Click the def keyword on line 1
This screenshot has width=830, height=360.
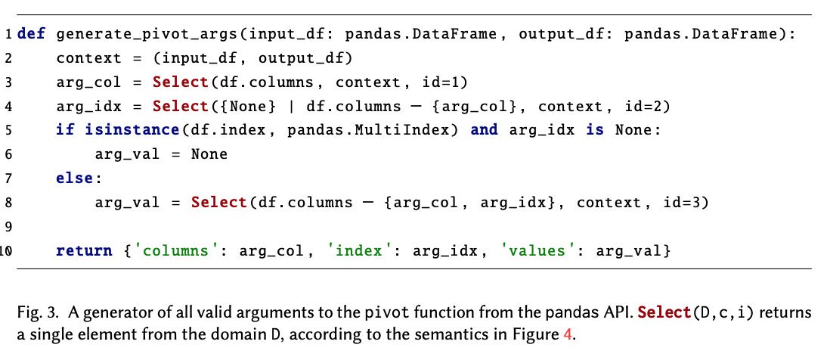click(30, 36)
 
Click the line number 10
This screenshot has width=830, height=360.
click(6, 251)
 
